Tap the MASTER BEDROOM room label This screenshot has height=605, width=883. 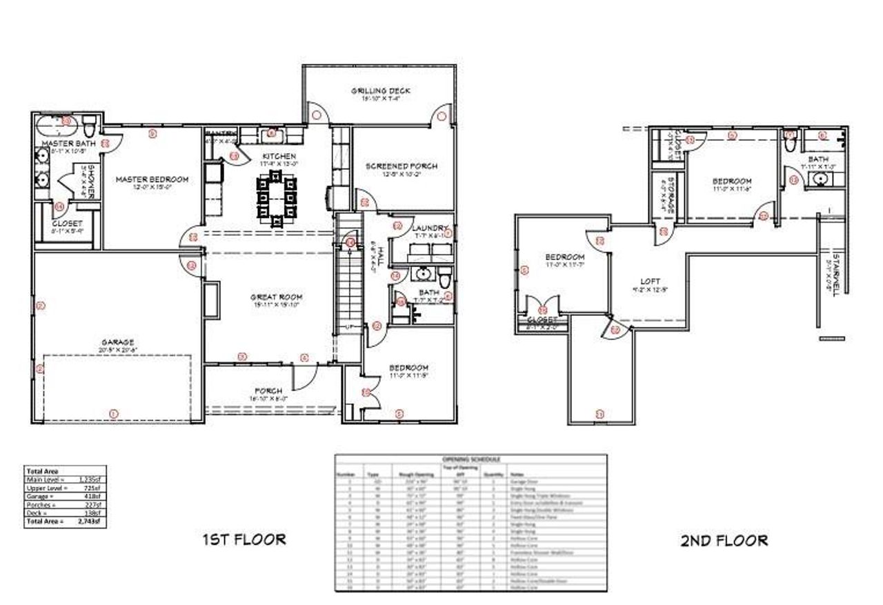(152, 179)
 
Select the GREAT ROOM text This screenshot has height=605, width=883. (277, 297)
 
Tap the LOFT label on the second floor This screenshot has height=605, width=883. (650, 281)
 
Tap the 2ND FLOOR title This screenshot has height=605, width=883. (723, 540)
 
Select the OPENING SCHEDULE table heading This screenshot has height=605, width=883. (471, 459)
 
